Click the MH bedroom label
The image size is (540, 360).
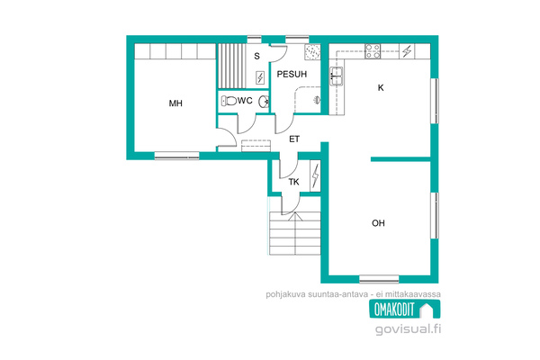pyautogui.click(x=175, y=103)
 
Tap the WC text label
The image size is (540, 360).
pyautogui.click(x=245, y=101)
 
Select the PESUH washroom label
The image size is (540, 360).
pyautogui.click(x=292, y=74)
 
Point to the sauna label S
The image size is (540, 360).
pyautogui.click(x=256, y=56)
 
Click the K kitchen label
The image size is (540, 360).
pyautogui.click(x=381, y=88)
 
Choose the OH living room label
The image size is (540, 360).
pyautogui.click(x=378, y=223)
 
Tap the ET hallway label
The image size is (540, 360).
pyautogui.click(x=294, y=139)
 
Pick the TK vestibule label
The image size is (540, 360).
pyautogui.click(x=293, y=182)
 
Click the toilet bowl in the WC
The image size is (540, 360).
pyautogui.click(x=229, y=101)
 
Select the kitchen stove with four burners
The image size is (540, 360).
pyautogui.click(x=373, y=51)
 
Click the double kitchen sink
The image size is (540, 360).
pyautogui.click(x=337, y=76)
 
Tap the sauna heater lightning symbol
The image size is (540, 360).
pyautogui.click(x=260, y=77)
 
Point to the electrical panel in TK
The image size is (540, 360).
pyautogui.click(x=316, y=176)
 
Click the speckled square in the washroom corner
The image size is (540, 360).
pyautogui.click(x=312, y=52)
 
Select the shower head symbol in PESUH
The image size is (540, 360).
pyautogui.click(x=317, y=100)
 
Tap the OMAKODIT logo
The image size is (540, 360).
pyautogui.click(x=405, y=309)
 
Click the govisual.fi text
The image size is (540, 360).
pyautogui.click(x=408, y=329)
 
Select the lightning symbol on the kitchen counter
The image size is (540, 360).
pyautogui.click(x=407, y=51)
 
